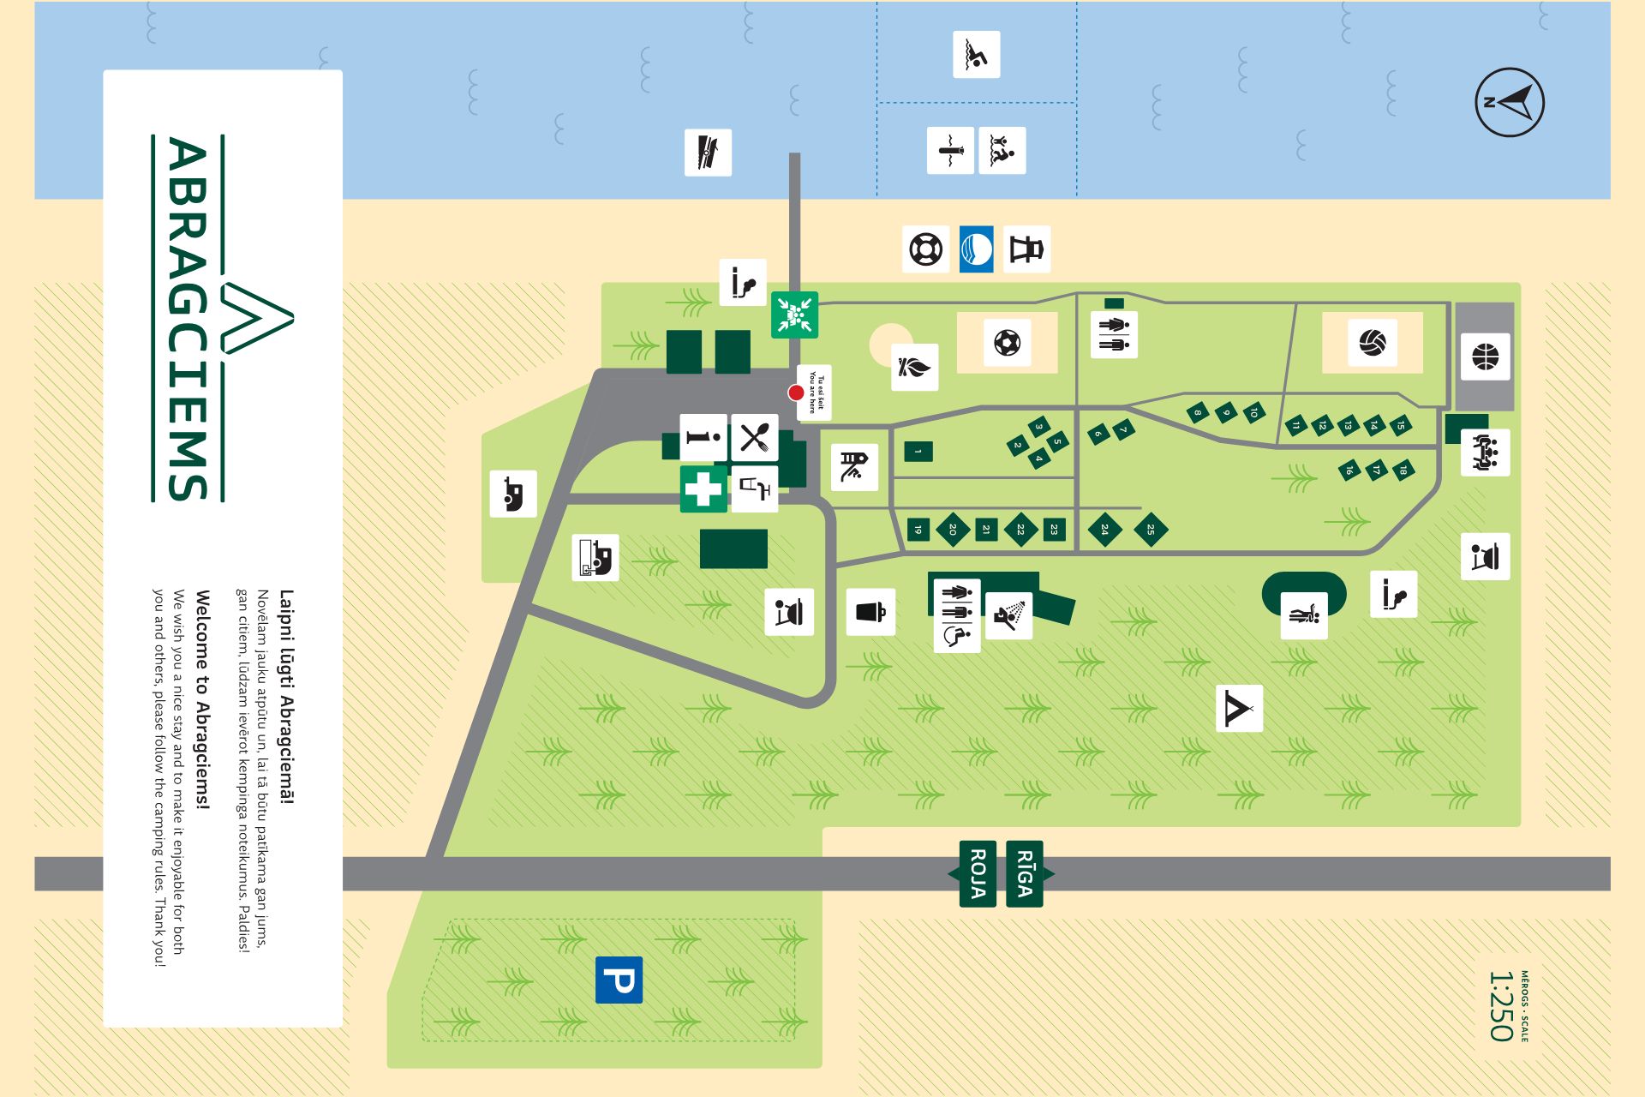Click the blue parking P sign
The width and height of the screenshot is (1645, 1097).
(619, 980)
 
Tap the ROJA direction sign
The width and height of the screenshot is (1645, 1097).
(978, 873)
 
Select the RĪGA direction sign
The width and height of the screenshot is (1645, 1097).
(1025, 873)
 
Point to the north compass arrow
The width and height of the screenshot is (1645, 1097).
(1510, 103)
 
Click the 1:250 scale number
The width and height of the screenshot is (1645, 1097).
(1500, 1006)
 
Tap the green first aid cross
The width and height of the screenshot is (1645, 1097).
(703, 489)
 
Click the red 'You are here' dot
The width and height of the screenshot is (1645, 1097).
(796, 393)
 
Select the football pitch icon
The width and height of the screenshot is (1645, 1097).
(1007, 343)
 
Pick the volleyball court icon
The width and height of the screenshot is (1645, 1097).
(1372, 343)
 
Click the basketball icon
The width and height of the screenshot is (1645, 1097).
(1486, 356)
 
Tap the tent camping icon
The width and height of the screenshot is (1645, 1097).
(1239, 709)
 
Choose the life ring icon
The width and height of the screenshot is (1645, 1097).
(925, 249)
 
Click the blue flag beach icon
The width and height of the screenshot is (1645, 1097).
(976, 249)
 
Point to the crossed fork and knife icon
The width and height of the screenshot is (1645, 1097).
(754, 438)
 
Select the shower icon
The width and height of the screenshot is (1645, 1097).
(1008, 614)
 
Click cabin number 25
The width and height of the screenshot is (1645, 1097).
(1150, 530)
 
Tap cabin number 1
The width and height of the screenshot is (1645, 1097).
(918, 451)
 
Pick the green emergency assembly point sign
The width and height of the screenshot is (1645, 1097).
(794, 315)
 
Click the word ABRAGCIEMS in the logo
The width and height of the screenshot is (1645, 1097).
(188, 318)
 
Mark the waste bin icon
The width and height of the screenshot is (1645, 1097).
(870, 612)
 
